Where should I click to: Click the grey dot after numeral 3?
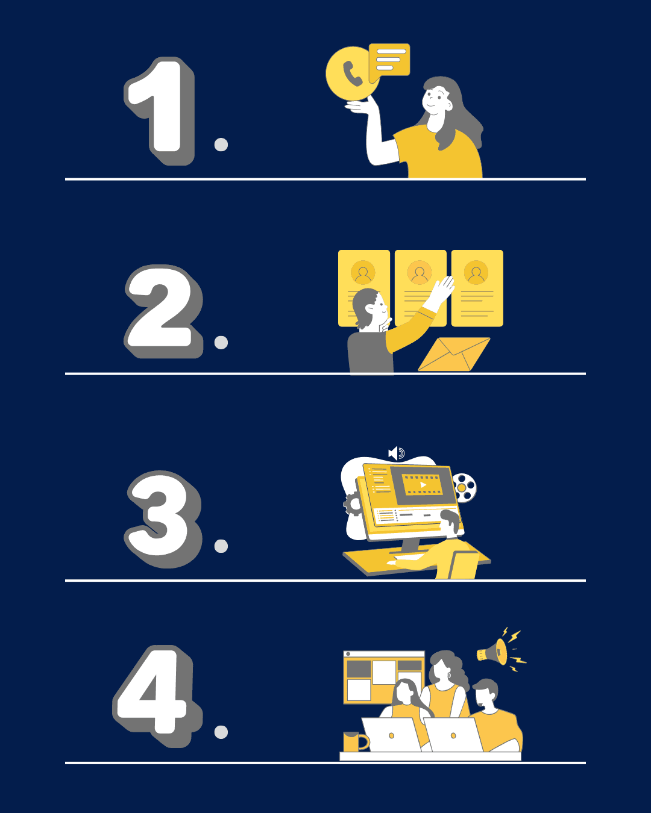pos(221,546)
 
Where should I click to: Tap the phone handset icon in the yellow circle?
pos(352,74)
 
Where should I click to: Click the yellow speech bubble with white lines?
pos(389,61)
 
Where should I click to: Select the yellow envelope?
pos(454,354)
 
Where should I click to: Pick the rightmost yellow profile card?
pos(477,288)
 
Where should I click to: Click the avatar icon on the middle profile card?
pos(420,272)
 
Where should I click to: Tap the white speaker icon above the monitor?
pos(396,453)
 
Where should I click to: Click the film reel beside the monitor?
pos(465,487)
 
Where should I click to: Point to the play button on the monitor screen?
pos(423,485)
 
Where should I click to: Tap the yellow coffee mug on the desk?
pos(355,741)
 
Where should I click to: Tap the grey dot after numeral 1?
pos(221,145)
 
